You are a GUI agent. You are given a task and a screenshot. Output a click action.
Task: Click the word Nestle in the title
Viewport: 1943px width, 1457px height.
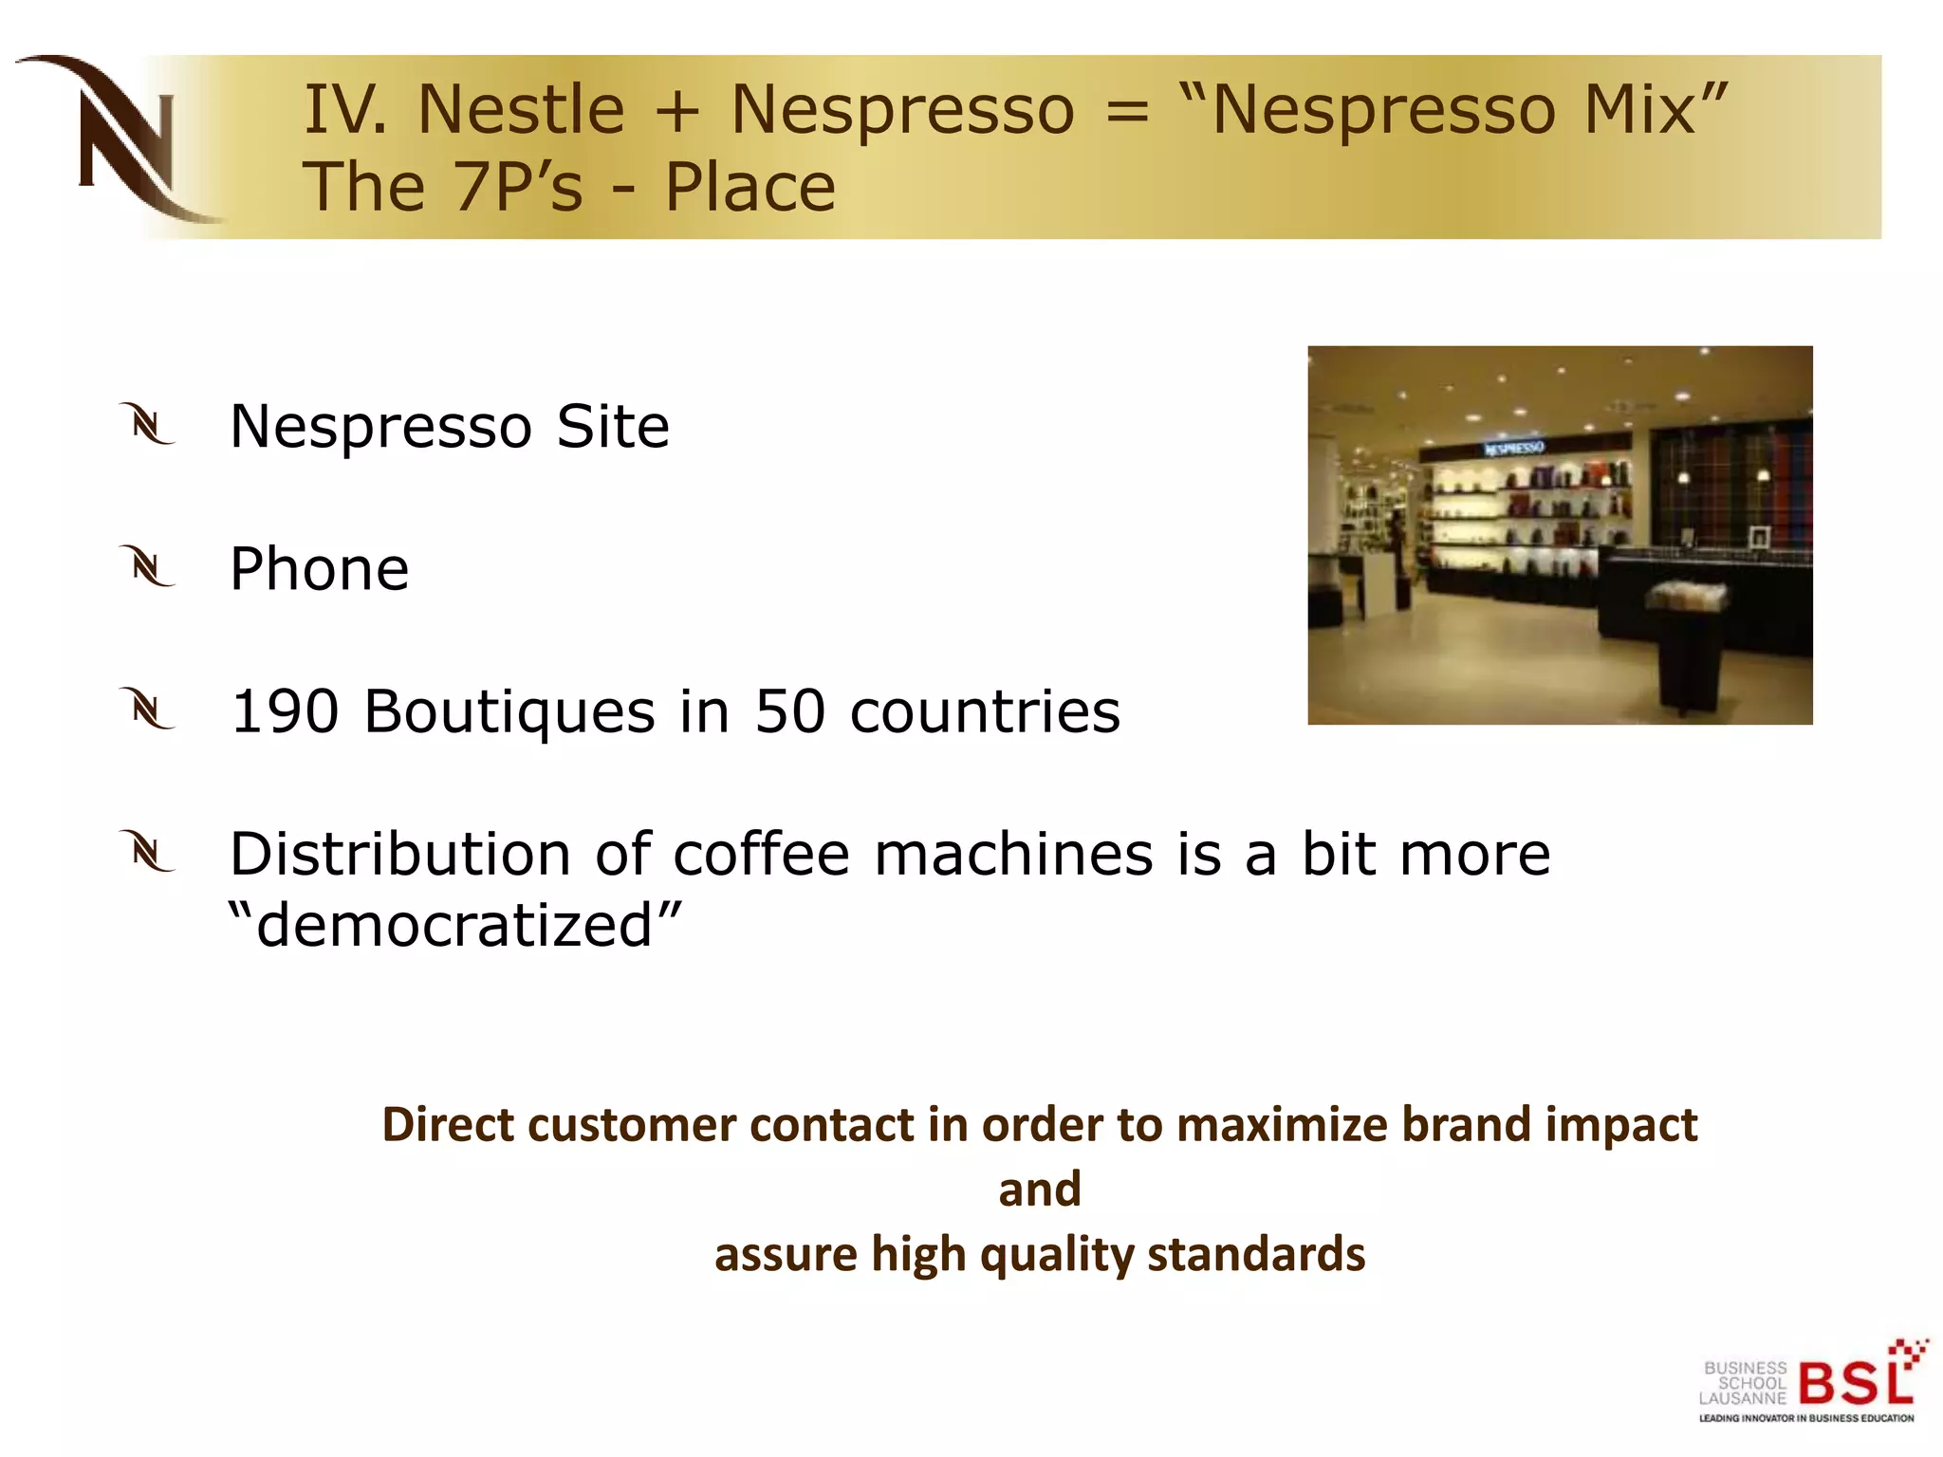[x=521, y=109]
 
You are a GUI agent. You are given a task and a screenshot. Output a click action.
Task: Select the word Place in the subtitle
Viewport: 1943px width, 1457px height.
[x=749, y=187]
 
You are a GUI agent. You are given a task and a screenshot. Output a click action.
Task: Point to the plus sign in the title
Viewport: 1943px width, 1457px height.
[x=677, y=111]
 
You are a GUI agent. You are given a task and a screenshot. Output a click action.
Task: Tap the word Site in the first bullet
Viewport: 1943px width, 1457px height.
[x=613, y=426]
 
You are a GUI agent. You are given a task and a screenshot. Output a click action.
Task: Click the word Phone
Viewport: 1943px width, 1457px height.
[x=320, y=569]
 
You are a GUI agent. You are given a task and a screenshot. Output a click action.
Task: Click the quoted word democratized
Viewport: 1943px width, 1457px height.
[x=455, y=925]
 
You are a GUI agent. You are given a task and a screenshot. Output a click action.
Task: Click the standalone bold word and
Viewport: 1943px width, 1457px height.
[x=1040, y=1190]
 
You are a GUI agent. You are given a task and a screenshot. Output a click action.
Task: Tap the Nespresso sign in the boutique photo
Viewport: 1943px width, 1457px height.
[x=1514, y=448]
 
